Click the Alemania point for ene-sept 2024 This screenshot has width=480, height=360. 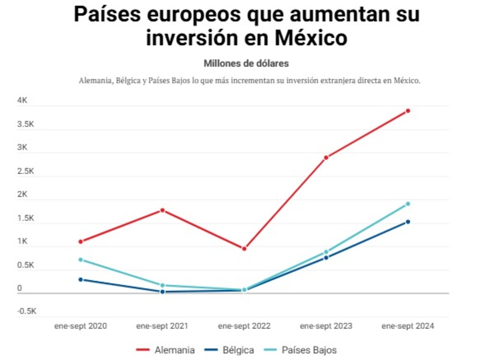click(408, 111)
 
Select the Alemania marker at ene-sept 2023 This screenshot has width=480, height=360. click(326, 157)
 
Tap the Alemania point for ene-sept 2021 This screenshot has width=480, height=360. click(163, 210)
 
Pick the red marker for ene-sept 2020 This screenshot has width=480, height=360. click(81, 241)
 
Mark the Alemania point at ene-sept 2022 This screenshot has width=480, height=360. click(244, 249)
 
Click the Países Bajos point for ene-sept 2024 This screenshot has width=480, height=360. click(408, 204)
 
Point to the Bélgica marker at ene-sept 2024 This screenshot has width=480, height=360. click(408, 222)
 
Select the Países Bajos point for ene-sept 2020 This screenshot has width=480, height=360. click(81, 260)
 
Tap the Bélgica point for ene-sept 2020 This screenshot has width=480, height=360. click(81, 279)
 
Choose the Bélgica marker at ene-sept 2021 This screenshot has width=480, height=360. click(163, 291)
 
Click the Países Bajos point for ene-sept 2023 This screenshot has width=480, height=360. click(326, 252)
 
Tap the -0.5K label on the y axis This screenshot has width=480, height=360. click(26, 311)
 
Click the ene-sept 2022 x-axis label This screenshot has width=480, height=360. click(244, 326)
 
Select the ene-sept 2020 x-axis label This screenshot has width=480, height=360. click(81, 326)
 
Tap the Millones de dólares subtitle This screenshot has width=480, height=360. click(246, 63)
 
